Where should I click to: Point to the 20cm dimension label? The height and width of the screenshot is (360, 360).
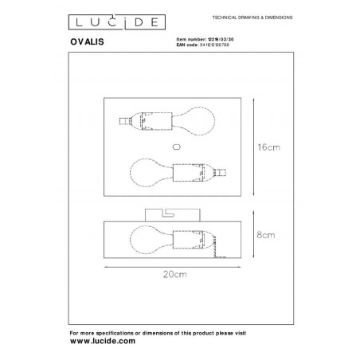point(175,276)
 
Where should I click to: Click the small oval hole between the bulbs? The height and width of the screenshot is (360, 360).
point(175,146)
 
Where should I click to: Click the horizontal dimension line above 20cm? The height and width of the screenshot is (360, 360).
point(175,265)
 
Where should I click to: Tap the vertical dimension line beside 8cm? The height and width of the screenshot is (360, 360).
point(253,236)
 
